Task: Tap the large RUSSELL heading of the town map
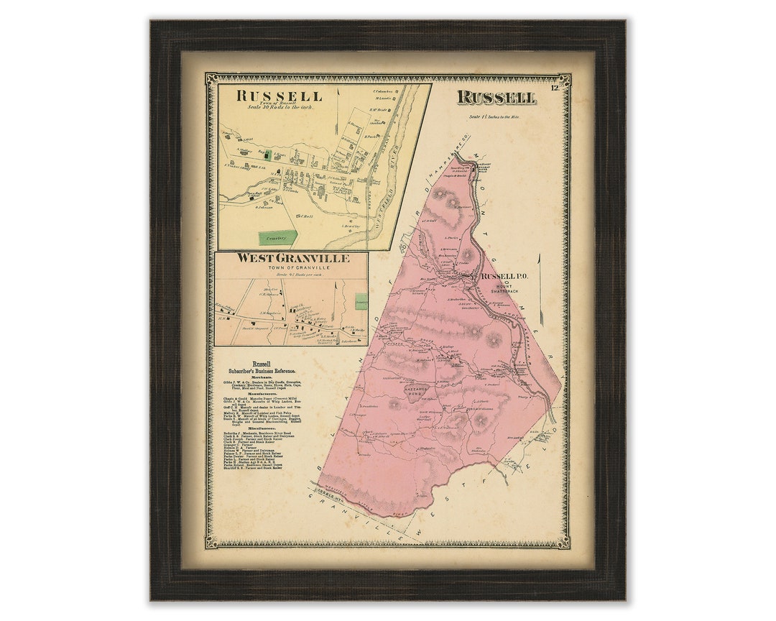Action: [496, 98]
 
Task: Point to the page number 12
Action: [555, 88]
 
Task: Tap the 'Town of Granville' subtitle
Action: [292, 267]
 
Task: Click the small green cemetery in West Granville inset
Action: [361, 301]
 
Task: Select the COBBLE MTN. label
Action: [328, 497]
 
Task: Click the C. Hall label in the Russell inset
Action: [306, 217]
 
